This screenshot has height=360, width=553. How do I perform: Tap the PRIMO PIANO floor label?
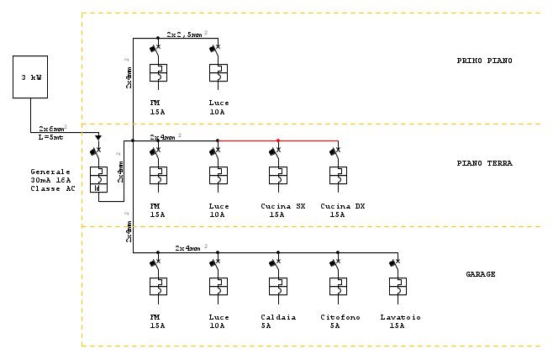tap(484, 61)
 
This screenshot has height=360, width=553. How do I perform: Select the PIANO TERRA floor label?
tap(485, 163)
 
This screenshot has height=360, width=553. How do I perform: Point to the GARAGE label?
tap(482, 274)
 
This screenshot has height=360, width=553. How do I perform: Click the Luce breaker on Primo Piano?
tap(218, 72)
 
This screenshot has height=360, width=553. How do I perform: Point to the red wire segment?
tap(277, 140)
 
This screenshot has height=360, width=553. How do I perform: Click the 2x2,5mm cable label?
tap(184, 34)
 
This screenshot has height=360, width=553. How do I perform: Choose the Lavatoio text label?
tap(400, 317)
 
